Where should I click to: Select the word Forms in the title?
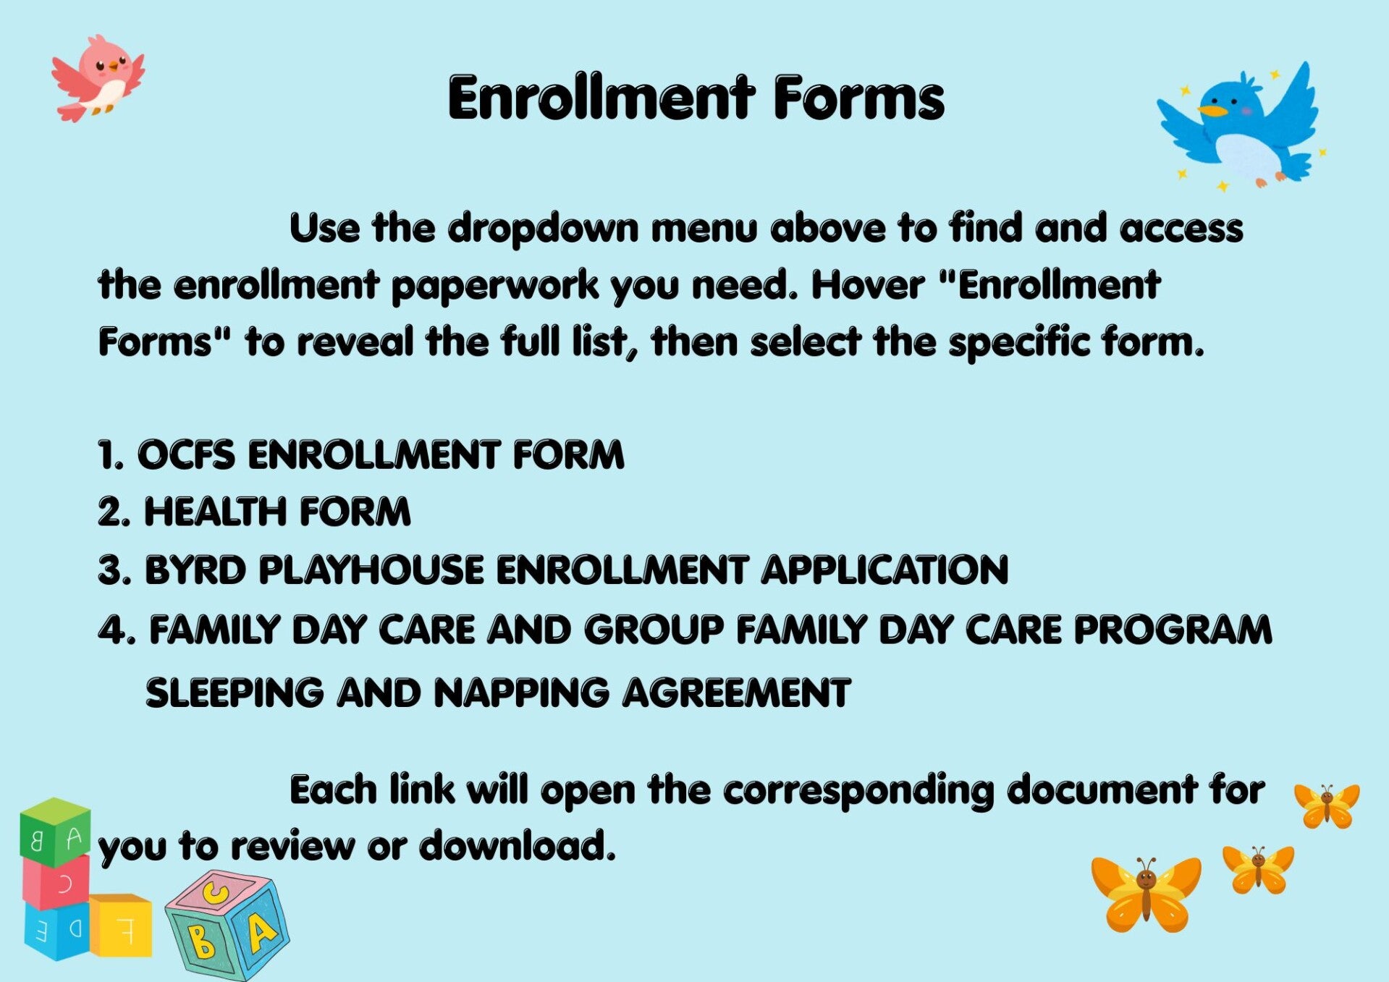pos(859,98)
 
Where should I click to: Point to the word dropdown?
pos(543,229)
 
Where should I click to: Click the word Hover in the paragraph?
pos(867,284)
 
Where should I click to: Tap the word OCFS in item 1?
pos(186,455)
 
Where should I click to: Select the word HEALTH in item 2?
pos(215,512)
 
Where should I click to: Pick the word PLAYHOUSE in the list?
pos(371,570)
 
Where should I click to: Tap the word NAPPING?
pos(521,693)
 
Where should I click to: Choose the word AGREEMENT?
pos(737,693)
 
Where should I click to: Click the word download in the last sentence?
pos(517,846)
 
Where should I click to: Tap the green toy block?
pos(55,832)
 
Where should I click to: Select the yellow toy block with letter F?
pos(121,926)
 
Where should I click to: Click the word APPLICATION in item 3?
pos(885,570)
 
